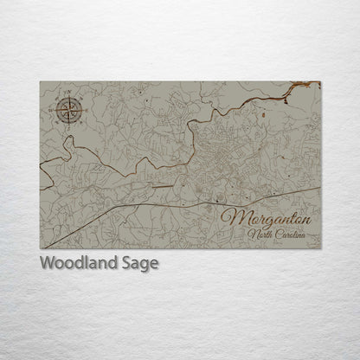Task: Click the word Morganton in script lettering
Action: point(267,219)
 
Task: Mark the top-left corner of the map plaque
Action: point(40,82)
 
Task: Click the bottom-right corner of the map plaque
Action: point(321,248)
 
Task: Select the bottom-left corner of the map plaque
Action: point(40,248)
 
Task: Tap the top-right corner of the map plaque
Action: point(321,82)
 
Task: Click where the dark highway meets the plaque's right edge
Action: point(320,188)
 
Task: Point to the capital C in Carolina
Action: point(280,235)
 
